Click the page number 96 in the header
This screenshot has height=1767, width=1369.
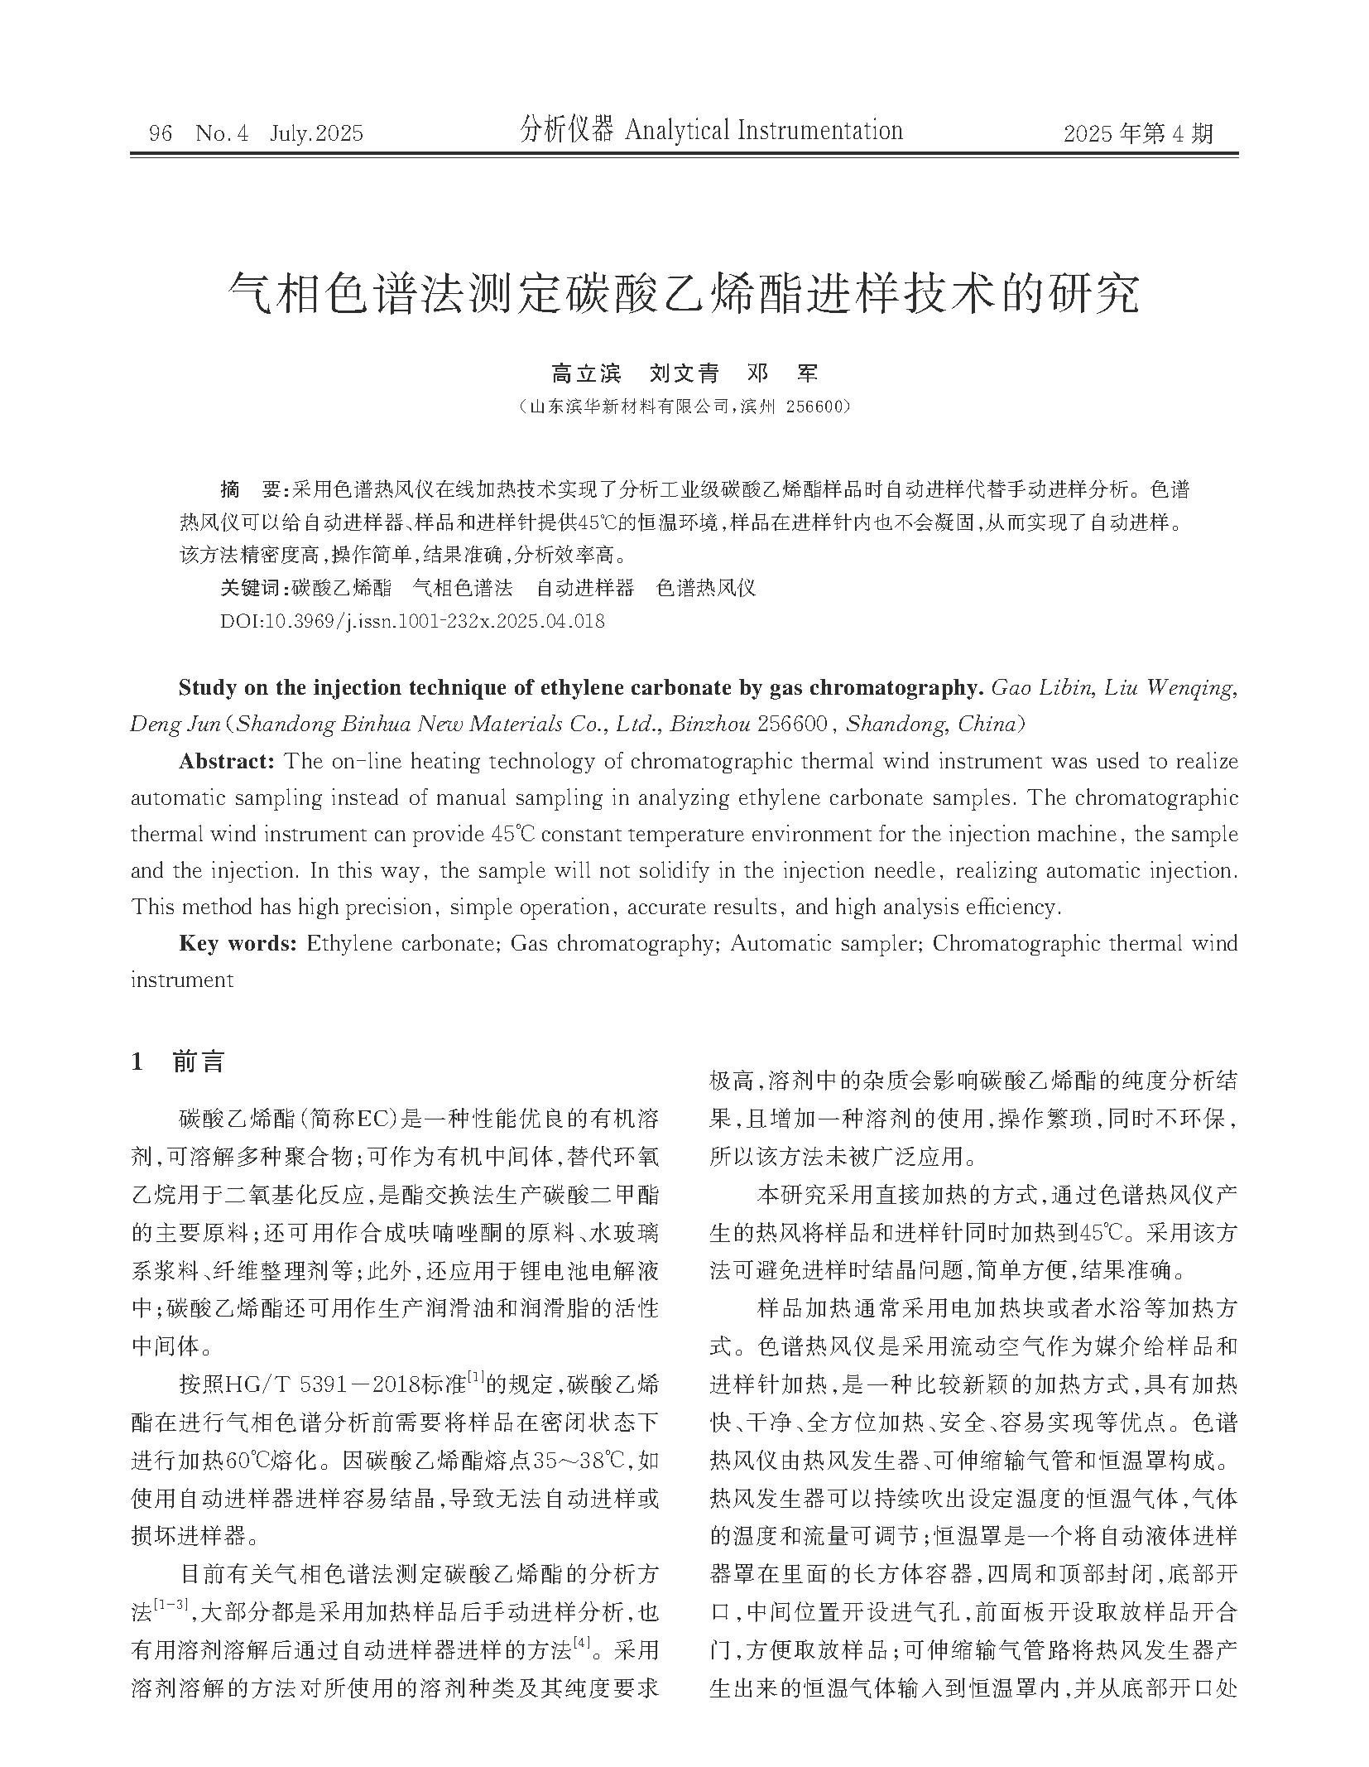[160, 133]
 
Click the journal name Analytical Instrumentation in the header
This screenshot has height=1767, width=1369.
[763, 131]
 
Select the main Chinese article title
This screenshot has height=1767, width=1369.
[684, 294]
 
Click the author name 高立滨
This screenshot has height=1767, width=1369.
[586, 374]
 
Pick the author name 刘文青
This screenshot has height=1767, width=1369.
[684, 374]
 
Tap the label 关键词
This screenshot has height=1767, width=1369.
[252, 588]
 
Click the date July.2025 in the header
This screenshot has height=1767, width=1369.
[316, 133]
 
